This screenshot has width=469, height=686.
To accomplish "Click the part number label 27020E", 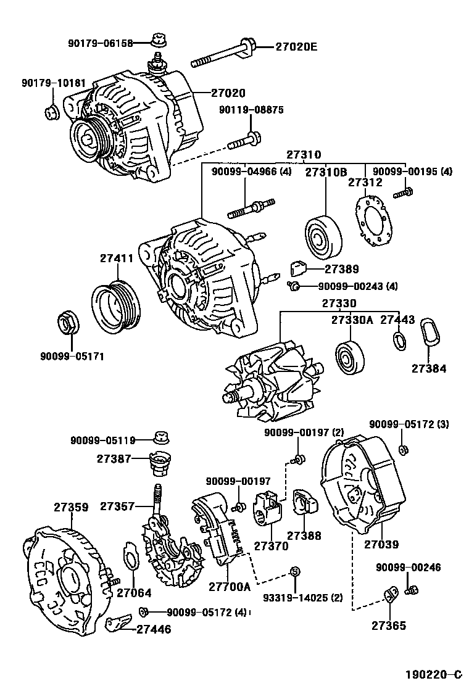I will [x=296, y=46].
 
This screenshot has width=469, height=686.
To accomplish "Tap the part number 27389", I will [x=342, y=270].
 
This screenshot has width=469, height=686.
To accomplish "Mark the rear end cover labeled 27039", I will [x=361, y=488].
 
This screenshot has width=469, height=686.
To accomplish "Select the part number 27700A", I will [x=229, y=587].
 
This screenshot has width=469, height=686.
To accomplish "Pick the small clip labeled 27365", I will [x=390, y=596].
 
